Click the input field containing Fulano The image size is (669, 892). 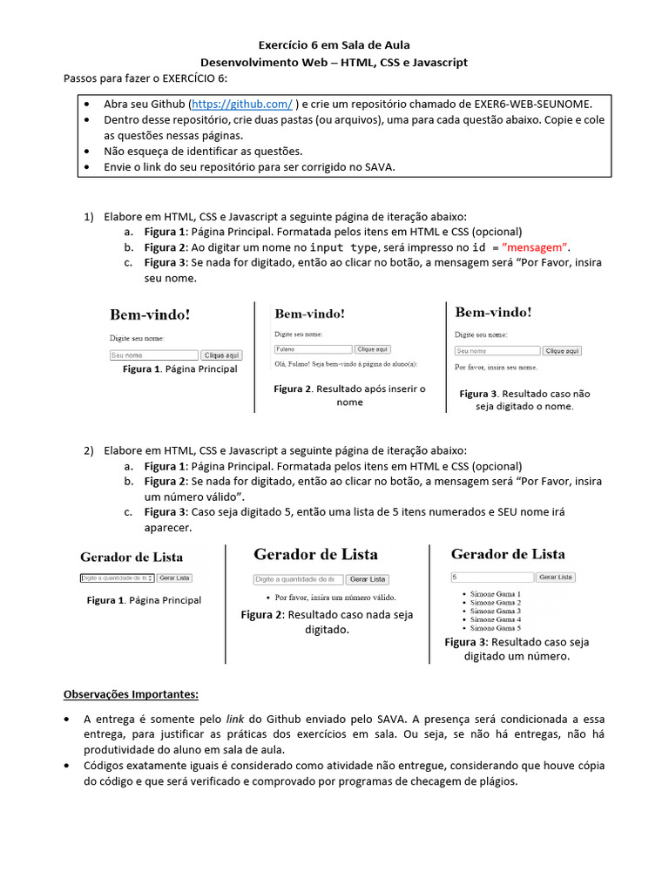[312, 348]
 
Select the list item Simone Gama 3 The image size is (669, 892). [495, 611]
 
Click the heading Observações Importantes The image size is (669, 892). [131, 694]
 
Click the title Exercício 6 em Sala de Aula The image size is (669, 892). [334, 44]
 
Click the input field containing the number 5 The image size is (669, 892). [491, 577]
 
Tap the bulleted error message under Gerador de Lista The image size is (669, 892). [334, 598]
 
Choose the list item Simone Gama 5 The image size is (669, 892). [495, 627]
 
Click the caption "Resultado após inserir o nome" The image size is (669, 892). [349, 395]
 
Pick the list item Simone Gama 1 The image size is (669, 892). [495, 594]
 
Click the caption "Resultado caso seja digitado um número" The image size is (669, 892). [517, 649]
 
